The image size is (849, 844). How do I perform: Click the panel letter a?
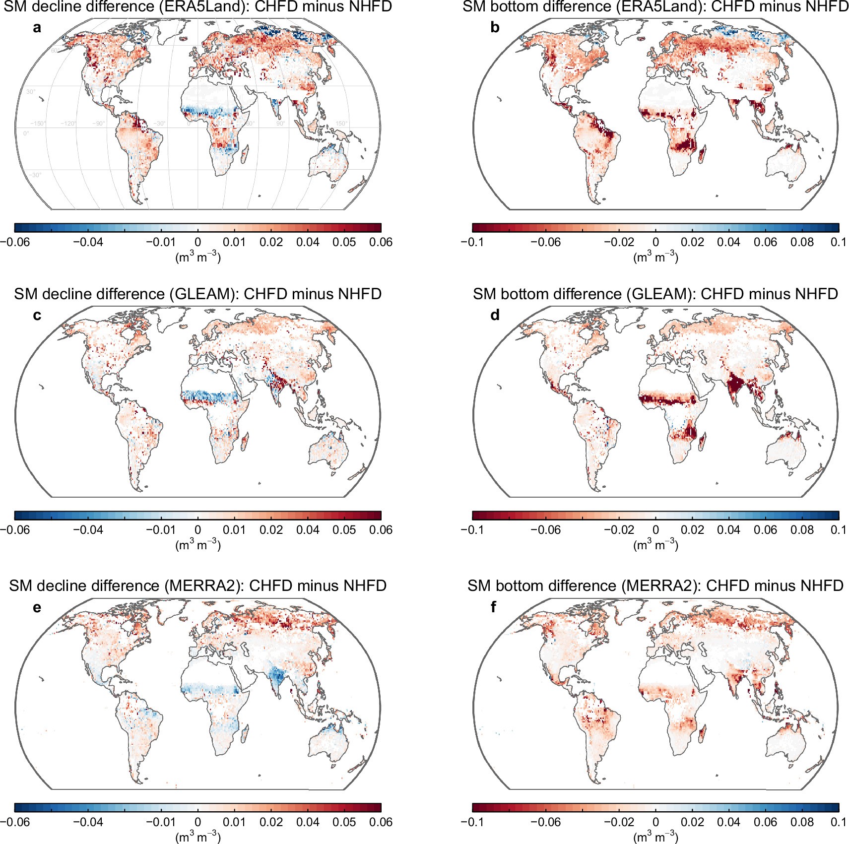click(37, 28)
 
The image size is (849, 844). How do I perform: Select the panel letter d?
click(495, 316)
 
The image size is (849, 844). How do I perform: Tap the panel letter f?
click(493, 607)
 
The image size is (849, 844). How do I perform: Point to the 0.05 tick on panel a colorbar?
click(344, 242)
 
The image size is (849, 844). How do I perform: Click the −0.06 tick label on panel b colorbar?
click(545, 242)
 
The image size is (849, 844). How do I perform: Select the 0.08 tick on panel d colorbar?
click(802, 530)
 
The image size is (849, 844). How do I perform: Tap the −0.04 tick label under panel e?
click(88, 822)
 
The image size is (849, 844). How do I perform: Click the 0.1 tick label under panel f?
click(838, 822)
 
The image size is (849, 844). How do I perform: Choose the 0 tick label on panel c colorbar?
click(197, 530)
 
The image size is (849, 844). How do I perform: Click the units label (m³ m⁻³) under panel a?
click(197, 257)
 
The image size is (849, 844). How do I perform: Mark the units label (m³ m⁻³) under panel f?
click(655, 837)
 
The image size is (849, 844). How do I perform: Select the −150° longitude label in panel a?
click(38, 124)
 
